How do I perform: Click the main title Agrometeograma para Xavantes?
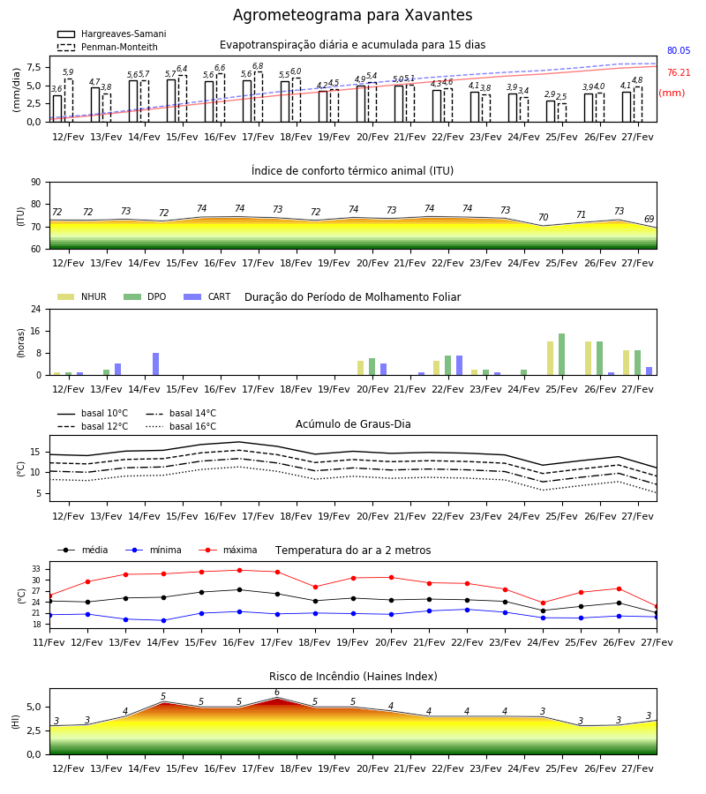352,15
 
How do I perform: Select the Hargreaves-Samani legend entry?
112,34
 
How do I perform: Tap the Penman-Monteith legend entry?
108,47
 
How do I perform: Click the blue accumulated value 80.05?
679,50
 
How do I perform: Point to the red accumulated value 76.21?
679,73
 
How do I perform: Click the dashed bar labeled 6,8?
259,97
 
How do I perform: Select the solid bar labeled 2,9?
551,111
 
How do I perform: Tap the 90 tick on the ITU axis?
36,183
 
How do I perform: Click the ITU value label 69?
650,220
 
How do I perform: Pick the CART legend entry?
207,296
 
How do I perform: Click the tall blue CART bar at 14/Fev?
155,364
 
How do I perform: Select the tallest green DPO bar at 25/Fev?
561,355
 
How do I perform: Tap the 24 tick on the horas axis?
36,309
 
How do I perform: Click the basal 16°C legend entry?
181,426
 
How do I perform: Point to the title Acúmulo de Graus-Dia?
353,424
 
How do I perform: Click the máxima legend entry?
228,550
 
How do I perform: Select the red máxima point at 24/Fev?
544,603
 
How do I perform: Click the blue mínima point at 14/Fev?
163,620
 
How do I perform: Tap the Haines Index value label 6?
277,693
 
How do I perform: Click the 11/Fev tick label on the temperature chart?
49,642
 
